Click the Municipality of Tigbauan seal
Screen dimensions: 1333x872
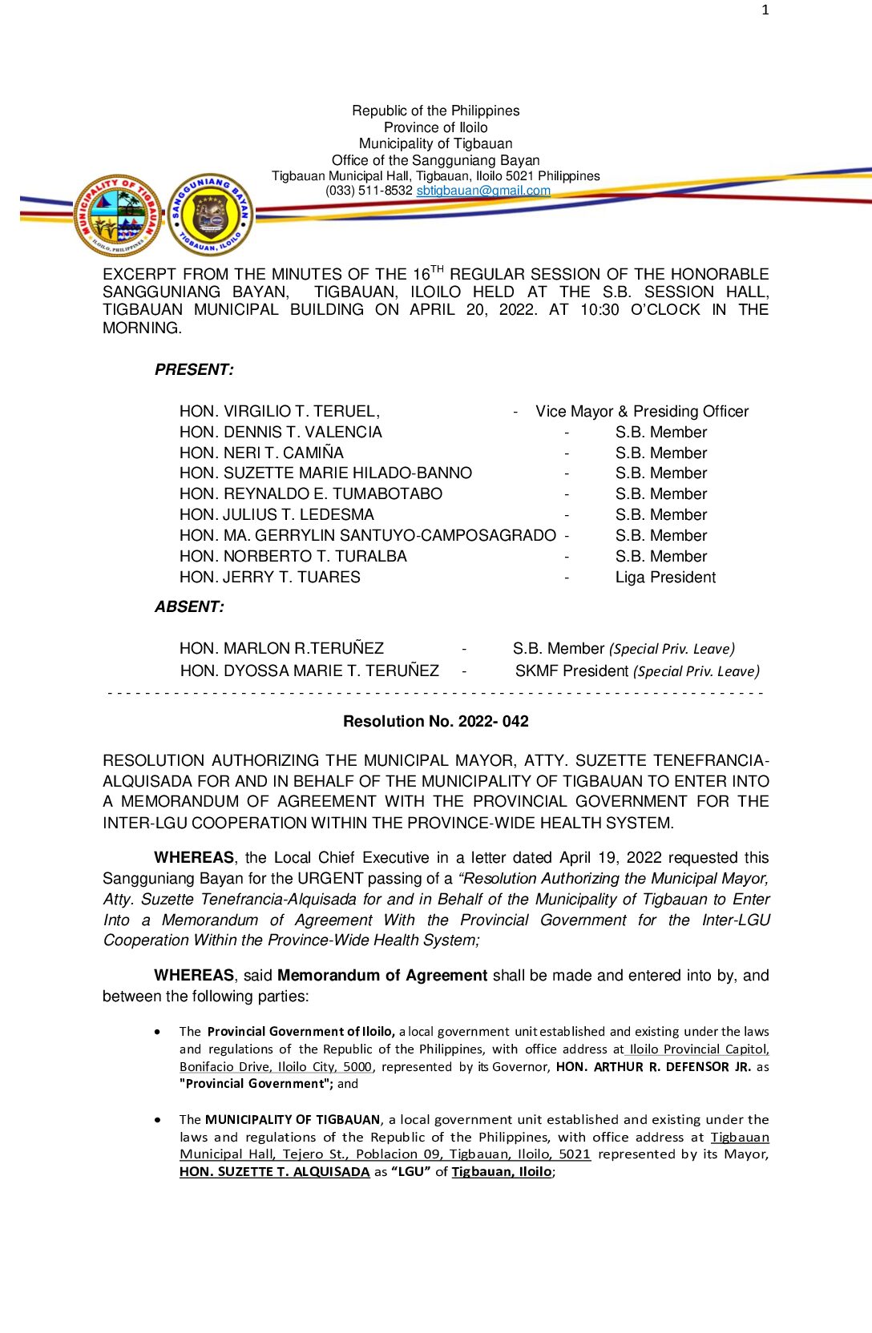pyautogui.click(x=118, y=215)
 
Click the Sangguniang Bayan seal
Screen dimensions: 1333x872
pyautogui.click(x=211, y=215)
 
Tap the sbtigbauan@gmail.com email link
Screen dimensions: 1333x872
pyautogui.click(x=483, y=191)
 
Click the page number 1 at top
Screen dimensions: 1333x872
pyautogui.click(x=765, y=10)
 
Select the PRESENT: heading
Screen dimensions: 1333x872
pyautogui.click(x=194, y=369)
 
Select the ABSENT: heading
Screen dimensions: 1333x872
pyautogui.click(x=189, y=606)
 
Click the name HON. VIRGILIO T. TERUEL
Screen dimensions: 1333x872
pyautogui.click(x=279, y=411)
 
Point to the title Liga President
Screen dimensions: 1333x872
pyautogui.click(x=665, y=577)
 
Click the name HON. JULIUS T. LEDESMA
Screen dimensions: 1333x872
pyautogui.click(x=277, y=514)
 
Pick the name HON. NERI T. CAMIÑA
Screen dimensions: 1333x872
pyautogui.click(x=261, y=453)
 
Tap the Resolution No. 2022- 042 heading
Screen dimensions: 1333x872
pyautogui.click(x=435, y=721)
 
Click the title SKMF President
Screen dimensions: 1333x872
pyautogui.click(x=571, y=671)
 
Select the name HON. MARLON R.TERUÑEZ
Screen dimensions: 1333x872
pyautogui.click(x=281, y=648)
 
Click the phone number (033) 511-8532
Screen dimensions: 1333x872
pyautogui.click(x=369, y=191)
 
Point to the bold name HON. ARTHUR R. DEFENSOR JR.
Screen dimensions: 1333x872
pyautogui.click(x=653, y=1066)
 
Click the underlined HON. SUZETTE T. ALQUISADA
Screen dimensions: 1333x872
pyautogui.click(x=274, y=1171)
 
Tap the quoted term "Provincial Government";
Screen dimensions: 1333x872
pyautogui.click(x=256, y=1084)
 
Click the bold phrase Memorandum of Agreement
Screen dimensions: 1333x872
pyautogui.click(x=382, y=975)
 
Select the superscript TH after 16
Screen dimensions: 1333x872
pyautogui.click(x=437, y=268)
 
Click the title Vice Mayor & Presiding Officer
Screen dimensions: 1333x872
pyautogui.click(x=642, y=411)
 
